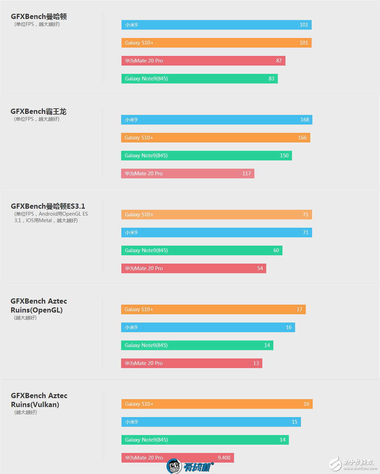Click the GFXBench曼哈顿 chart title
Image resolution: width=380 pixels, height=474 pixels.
pos(39,17)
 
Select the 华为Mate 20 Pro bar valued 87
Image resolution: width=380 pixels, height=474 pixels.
pos(203,61)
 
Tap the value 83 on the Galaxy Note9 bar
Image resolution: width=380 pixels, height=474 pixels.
pos(271,79)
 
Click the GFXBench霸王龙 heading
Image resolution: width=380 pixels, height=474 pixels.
pos(38,111)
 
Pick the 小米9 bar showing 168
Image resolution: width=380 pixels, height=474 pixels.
pos(216,120)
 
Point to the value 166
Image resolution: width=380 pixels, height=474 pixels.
pos(302,138)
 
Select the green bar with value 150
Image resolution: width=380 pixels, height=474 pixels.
pos(206,156)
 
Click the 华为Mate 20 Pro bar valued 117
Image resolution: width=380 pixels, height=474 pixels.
pos(187,174)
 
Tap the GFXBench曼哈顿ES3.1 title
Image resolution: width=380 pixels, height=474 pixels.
pos(48,206)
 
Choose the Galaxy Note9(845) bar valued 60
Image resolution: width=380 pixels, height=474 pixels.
pos(202,250)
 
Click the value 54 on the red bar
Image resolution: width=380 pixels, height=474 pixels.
pos(260,268)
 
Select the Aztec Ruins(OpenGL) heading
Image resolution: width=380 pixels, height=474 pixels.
pos(39,306)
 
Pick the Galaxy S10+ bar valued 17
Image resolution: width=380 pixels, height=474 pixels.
pos(213,309)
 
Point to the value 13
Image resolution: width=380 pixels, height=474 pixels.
pos(256,363)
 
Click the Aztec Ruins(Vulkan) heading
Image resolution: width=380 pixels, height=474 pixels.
pos(39,400)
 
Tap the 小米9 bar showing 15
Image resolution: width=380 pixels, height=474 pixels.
pos(211,422)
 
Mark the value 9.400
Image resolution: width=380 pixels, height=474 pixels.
pos(224,458)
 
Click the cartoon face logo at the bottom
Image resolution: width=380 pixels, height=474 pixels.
pos(174,466)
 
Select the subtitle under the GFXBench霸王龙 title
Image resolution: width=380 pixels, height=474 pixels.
pos(37,119)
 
